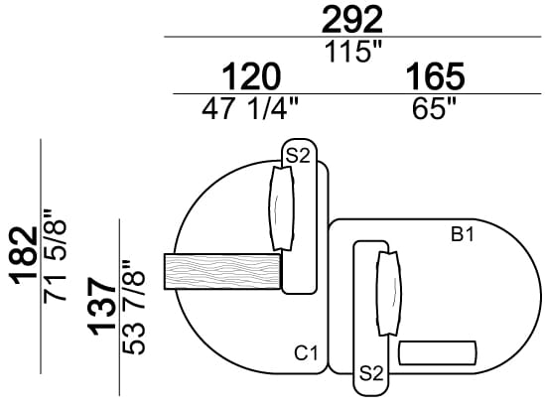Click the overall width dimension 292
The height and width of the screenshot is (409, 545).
click(351, 20)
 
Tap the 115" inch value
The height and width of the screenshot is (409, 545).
click(351, 52)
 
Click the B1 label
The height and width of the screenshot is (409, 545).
click(463, 235)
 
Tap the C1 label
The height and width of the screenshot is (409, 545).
click(305, 352)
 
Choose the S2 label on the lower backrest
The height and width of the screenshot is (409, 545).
click(371, 373)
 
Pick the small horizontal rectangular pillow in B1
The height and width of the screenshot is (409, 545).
click(437, 353)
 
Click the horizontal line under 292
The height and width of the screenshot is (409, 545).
click(351, 38)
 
